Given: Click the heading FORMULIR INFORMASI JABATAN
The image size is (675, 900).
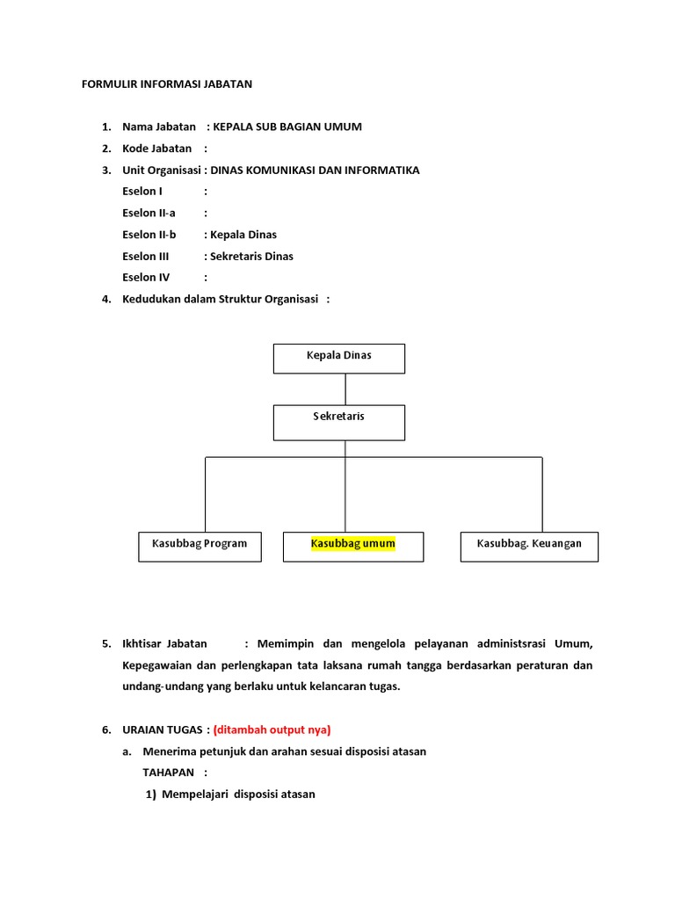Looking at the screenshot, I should tap(166, 84).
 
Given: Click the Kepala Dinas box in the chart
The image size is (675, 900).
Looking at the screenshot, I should tap(339, 358).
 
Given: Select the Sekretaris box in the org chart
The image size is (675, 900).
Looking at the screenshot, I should tap(339, 422).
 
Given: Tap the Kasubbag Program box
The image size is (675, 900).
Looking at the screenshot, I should tap(200, 546).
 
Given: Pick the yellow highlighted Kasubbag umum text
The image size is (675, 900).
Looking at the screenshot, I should tap(353, 544).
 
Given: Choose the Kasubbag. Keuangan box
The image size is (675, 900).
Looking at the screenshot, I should tap(529, 546).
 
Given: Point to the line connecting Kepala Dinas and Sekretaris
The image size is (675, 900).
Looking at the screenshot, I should tap(345, 388).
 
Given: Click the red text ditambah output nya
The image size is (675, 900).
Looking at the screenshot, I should tap(272, 729).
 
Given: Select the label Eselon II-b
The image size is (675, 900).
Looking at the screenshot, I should tap(149, 235).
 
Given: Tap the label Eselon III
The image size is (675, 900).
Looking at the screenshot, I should tap(145, 257).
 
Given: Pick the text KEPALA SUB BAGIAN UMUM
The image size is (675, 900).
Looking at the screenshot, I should tap(287, 127).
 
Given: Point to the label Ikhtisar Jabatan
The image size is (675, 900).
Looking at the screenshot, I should tap(164, 644).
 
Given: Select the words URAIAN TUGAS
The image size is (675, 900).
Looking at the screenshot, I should tap(163, 729).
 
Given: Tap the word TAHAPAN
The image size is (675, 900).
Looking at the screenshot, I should tap(170, 773).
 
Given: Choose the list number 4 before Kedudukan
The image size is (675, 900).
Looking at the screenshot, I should tap(106, 300).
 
